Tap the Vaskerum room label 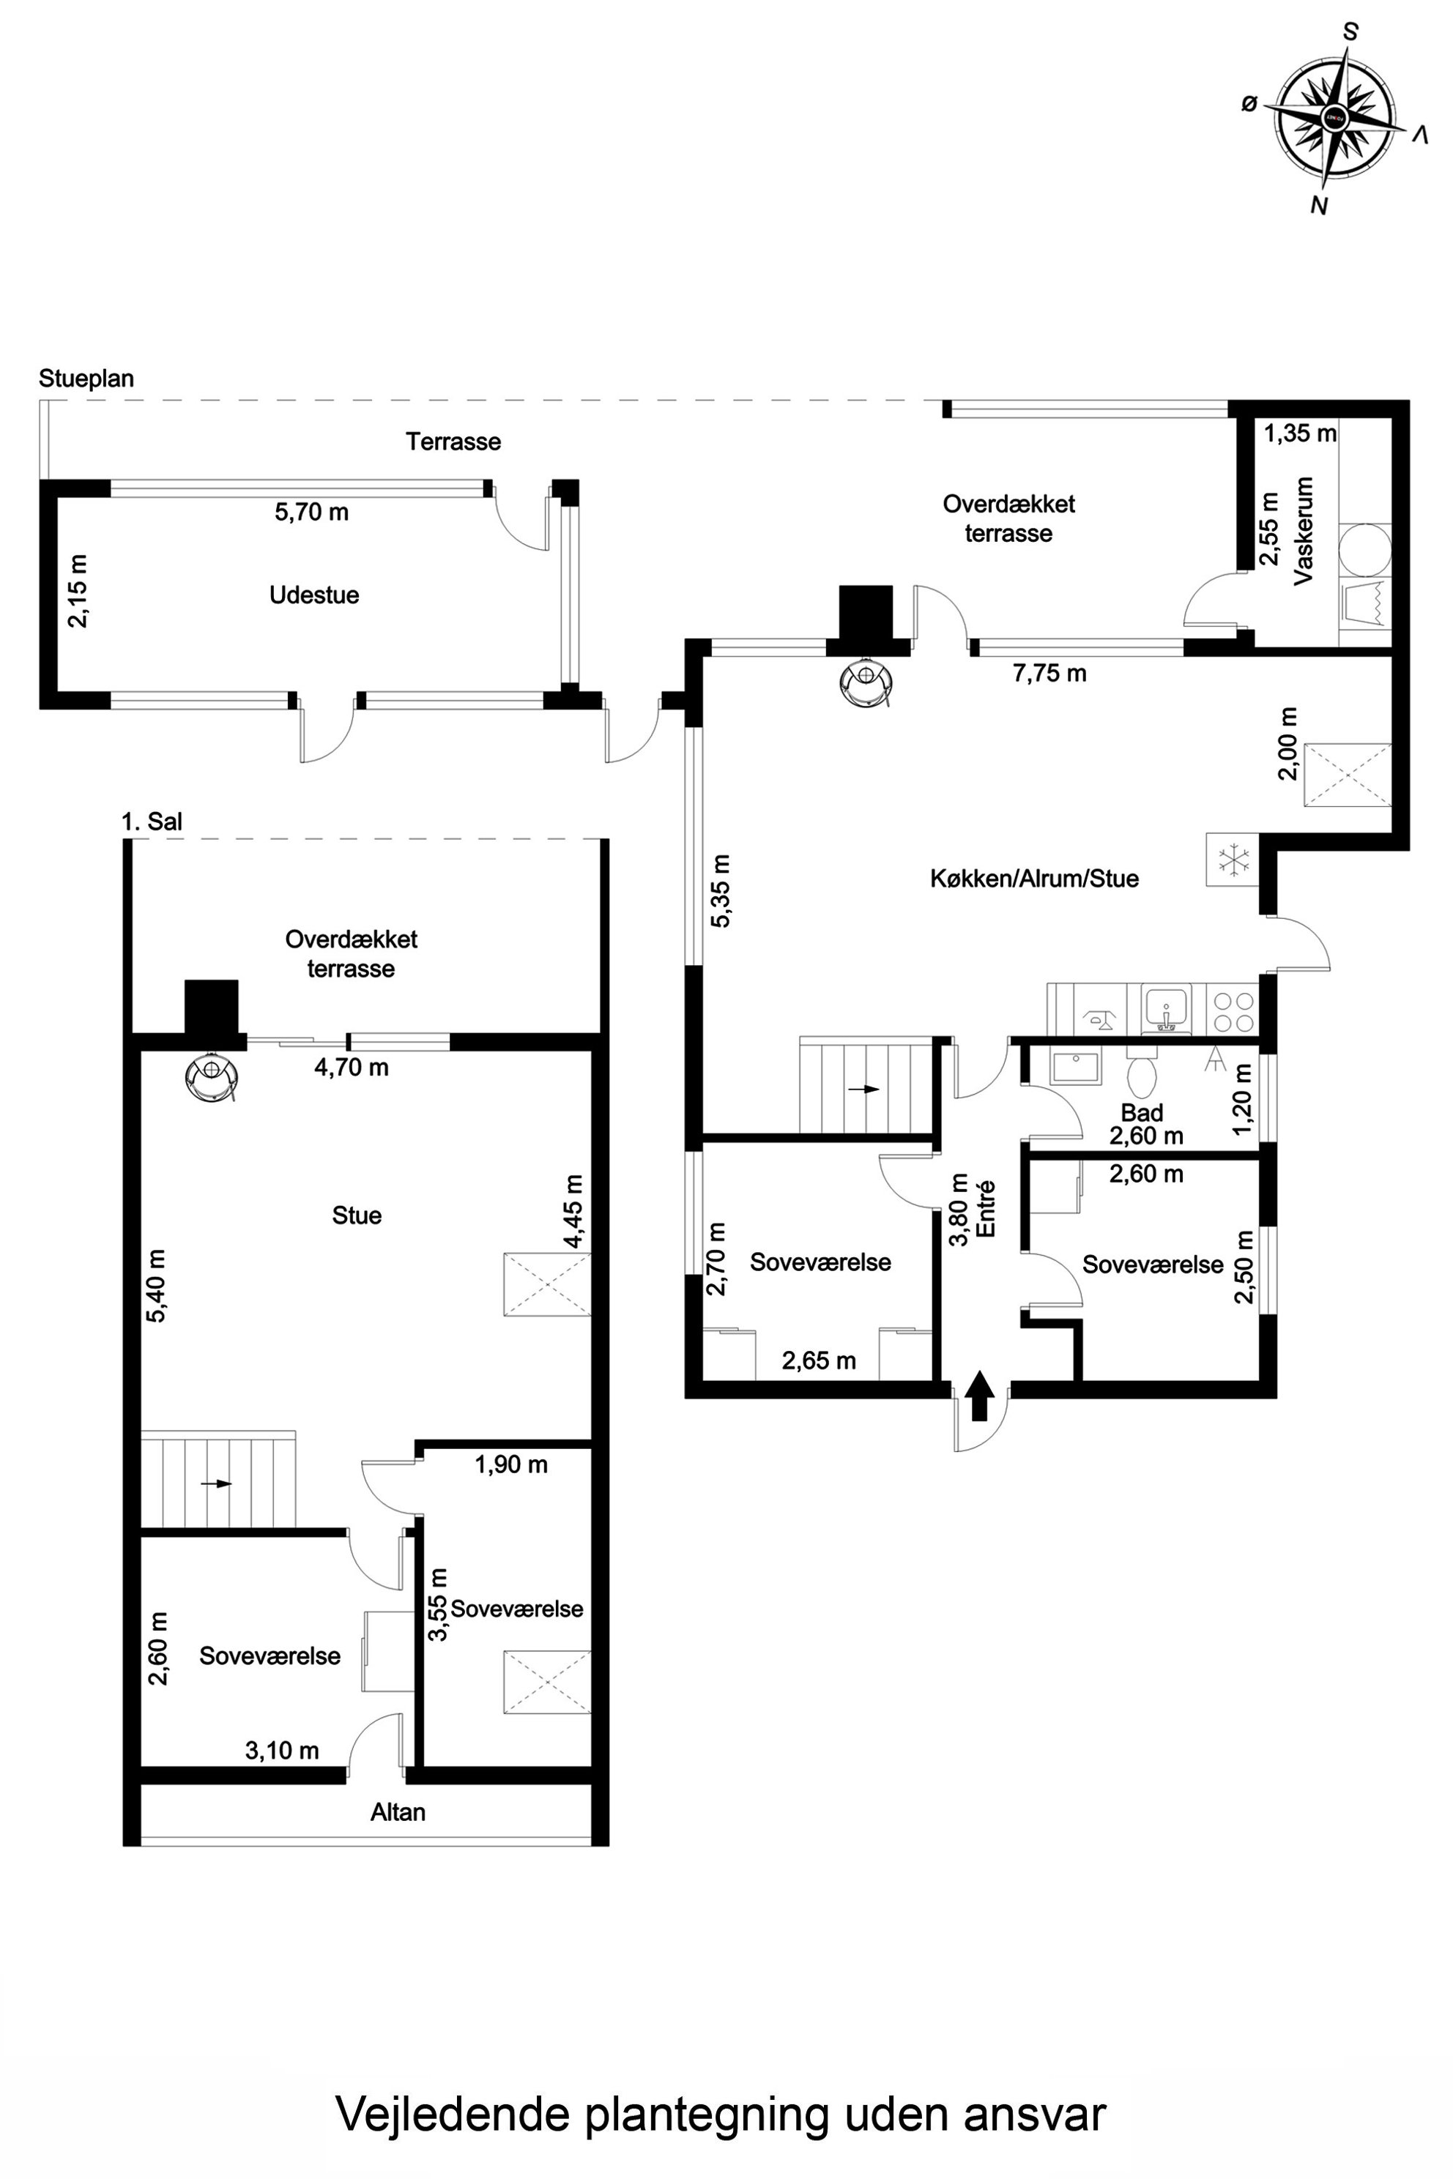(x=1304, y=531)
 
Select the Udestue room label (x=314, y=595)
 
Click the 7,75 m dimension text (x=1049, y=674)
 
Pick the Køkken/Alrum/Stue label (x=1034, y=879)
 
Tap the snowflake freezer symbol (x=1233, y=860)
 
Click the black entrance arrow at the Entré (x=979, y=1396)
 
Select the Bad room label (x=1142, y=1113)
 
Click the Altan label (x=398, y=1812)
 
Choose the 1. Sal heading (x=152, y=821)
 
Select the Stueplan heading (x=86, y=379)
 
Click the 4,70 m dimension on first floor (x=352, y=1068)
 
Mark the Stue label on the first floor (x=357, y=1215)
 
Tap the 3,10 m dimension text (x=282, y=1750)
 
